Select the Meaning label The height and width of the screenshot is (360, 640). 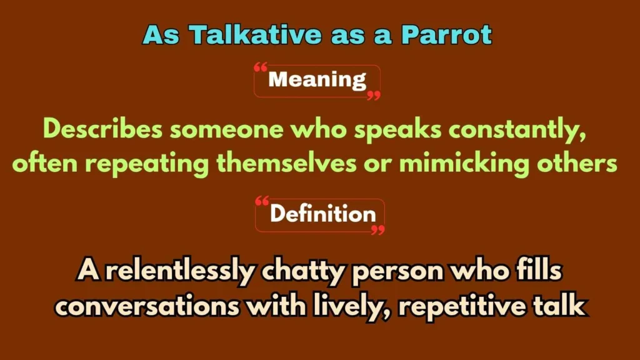click(x=317, y=80)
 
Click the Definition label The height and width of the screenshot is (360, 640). click(x=322, y=214)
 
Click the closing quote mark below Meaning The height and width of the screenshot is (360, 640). click(x=373, y=96)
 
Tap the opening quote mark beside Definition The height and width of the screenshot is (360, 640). click(x=262, y=202)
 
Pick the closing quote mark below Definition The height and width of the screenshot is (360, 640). click(x=377, y=231)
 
